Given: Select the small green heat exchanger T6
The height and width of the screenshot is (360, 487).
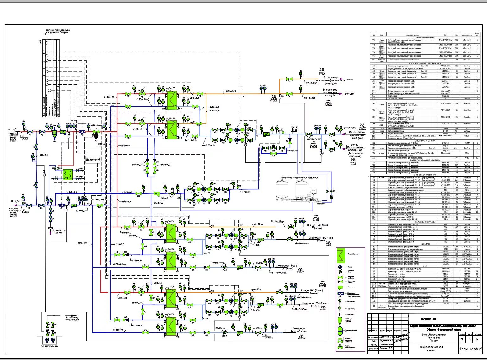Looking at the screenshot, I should point(67,174).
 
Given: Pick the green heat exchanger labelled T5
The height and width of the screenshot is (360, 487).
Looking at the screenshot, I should point(171,326).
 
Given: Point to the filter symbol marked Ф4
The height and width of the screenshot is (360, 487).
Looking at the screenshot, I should point(240,267).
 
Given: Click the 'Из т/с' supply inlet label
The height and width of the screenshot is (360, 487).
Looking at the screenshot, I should point(12,129).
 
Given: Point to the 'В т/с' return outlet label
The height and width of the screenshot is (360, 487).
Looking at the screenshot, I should point(14,201).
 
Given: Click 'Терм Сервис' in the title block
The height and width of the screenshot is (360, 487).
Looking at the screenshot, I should point(470,349).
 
